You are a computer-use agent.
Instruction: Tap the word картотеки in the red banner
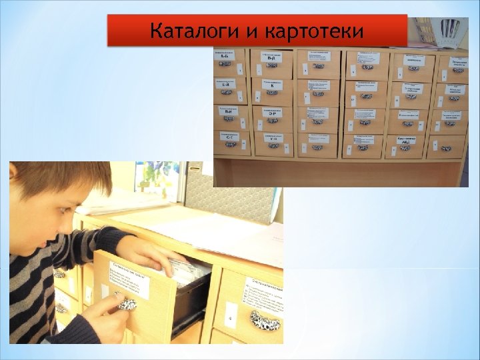(x=314, y=31)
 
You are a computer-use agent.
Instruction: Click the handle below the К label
(x=272, y=96)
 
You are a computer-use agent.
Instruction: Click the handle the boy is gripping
(x=126, y=304)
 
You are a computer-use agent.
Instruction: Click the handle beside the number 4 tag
(x=265, y=321)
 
